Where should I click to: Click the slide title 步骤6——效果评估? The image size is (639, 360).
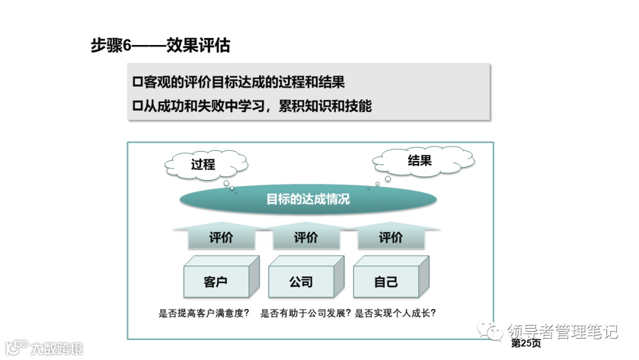(160, 45)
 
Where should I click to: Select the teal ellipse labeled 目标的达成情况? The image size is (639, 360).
(308, 199)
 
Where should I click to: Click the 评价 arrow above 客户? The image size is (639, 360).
(221, 237)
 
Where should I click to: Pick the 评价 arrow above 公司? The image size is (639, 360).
(306, 237)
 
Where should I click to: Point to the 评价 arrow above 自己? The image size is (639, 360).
(390, 237)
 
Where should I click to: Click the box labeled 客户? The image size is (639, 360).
(216, 282)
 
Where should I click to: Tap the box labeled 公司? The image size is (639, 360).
(301, 282)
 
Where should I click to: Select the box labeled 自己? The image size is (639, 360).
(386, 282)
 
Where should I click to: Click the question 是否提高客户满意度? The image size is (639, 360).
(204, 314)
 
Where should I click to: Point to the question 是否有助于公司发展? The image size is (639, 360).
(306, 314)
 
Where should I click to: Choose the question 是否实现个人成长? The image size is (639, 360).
(399, 314)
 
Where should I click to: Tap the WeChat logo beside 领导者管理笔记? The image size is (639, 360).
(491, 330)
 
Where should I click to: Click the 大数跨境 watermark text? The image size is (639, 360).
(57, 348)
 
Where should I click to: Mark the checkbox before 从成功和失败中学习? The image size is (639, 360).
(138, 107)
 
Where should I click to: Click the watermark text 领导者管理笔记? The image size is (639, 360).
(562, 331)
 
